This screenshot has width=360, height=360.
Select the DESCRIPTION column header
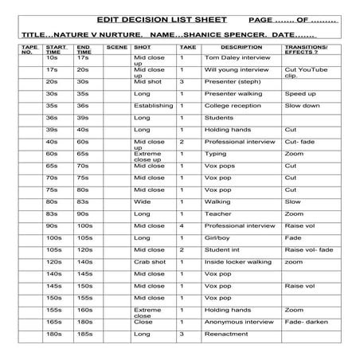coord(237,49)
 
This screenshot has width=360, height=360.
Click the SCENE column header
coord(116,49)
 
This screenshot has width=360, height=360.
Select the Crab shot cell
coord(149,261)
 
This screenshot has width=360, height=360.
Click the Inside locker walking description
coord(239,261)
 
